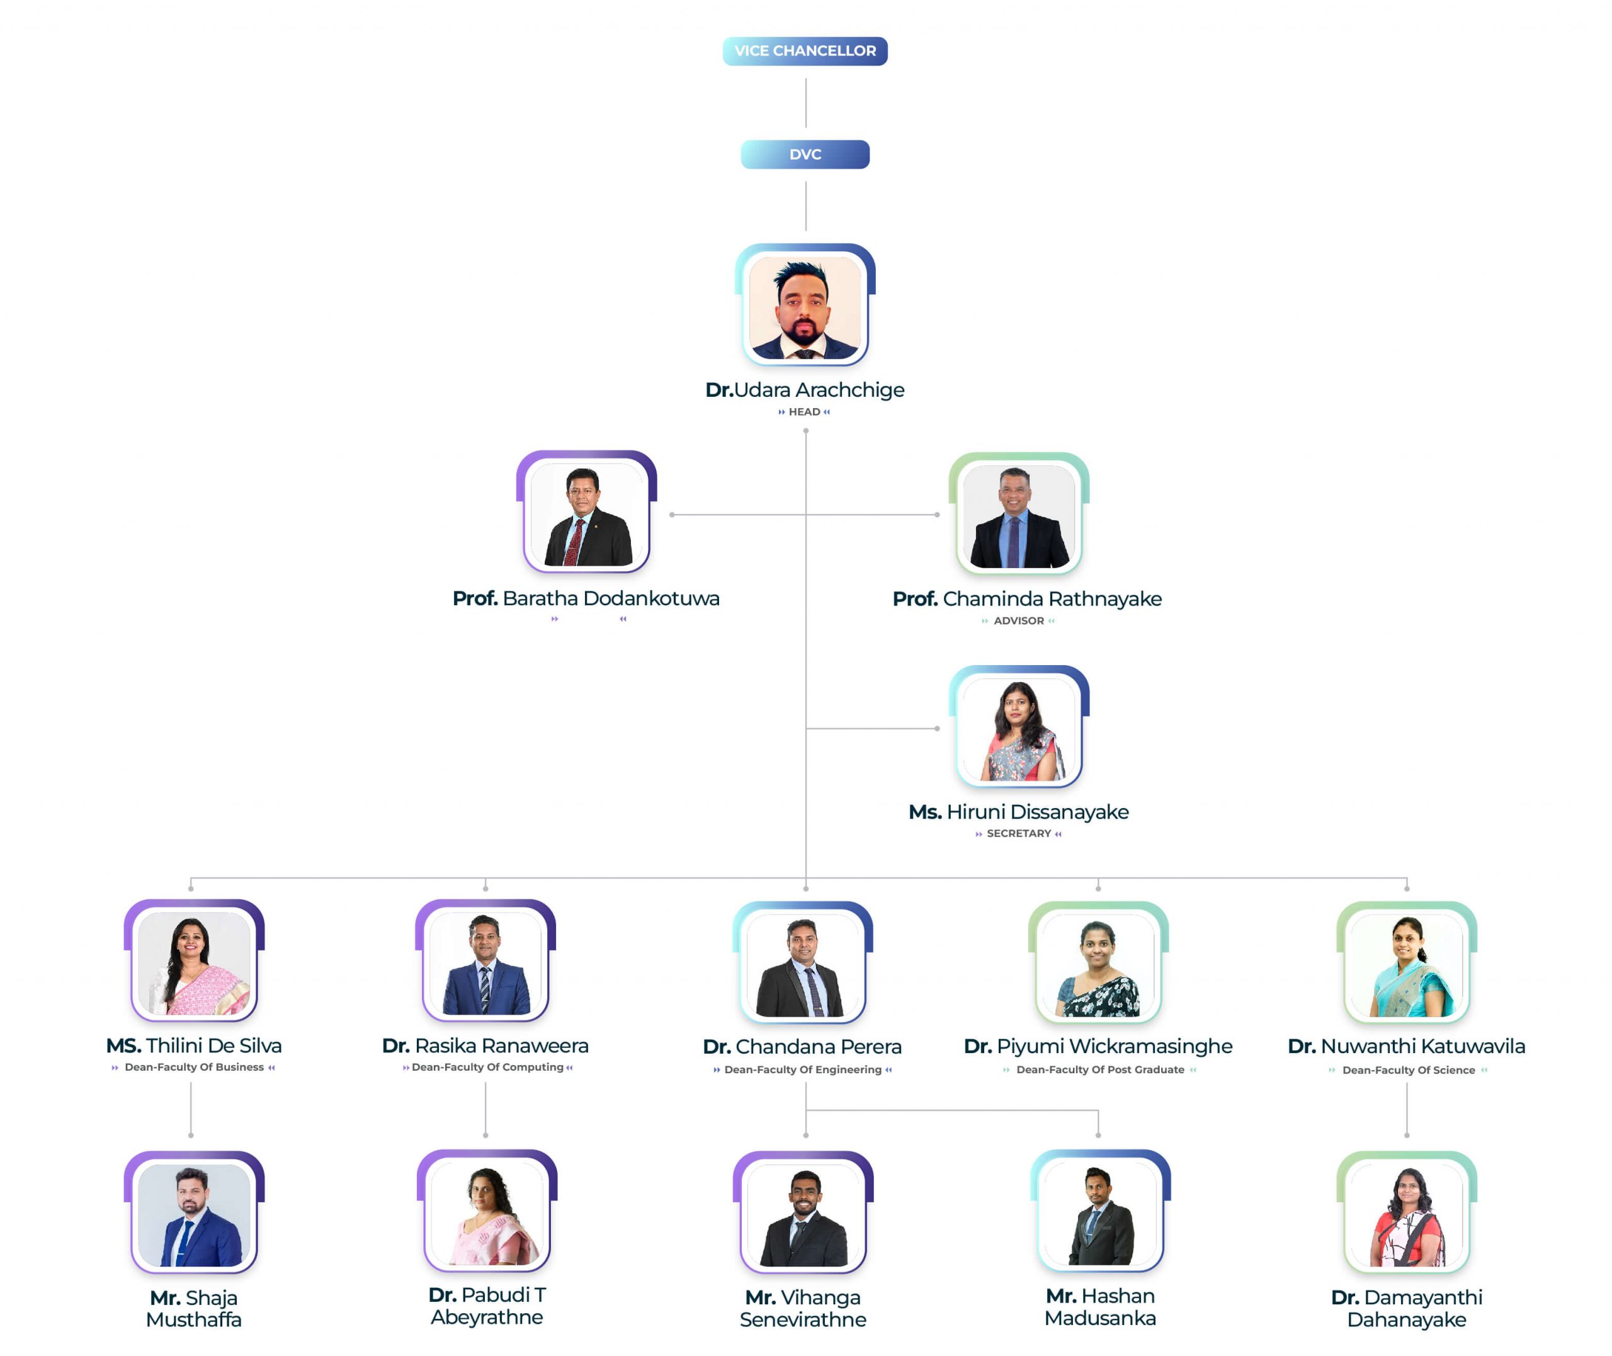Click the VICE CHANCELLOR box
click(805, 51)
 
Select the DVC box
click(805, 154)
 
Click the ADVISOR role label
click(1019, 621)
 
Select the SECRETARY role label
click(1019, 833)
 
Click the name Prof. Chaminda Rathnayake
click(1026, 599)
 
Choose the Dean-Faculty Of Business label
click(195, 1067)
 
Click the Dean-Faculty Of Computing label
click(487, 1067)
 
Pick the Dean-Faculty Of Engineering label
click(803, 1069)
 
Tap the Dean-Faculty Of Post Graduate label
click(1100, 1069)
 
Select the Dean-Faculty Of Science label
click(1409, 1070)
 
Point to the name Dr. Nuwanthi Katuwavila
click(1406, 1046)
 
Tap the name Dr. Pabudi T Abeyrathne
click(487, 1306)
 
